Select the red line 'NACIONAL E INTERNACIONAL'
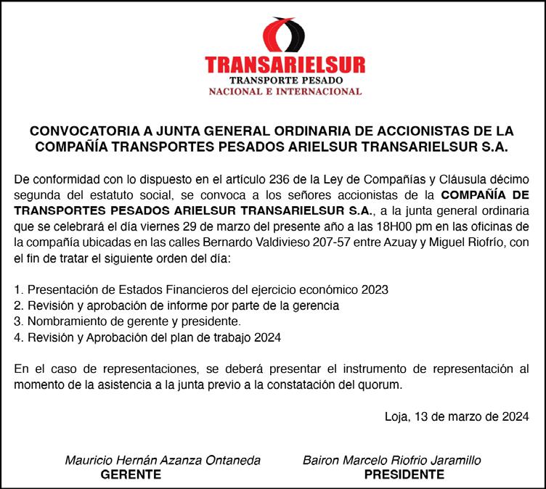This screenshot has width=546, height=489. tap(285, 91)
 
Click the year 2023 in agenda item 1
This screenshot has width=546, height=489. tap(374, 289)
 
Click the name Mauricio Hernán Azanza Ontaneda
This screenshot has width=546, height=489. tap(163, 460)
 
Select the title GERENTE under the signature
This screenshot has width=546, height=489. tap(131, 475)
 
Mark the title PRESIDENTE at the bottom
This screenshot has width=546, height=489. tap(404, 475)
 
